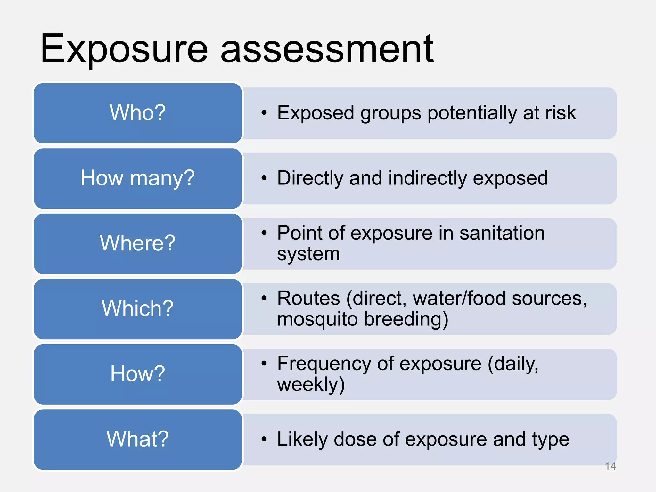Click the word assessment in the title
pyautogui.click(x=327, y=50)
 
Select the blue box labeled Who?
pyautogui.click(x=138, y=113)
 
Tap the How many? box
pyautogui.click(x=138, y=178)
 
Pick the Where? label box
pyautogui.click(x=138, y=243)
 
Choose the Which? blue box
pyautogui.click(x=138, y=308)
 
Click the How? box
pyautogui.click(x=138, y=374)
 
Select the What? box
pyautogui.click(x=138, y=439)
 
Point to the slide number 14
pyautogui.click(x=611, y=466)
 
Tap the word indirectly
pyautogui.click(x=428, y=178)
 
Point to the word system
pyautogui.click(x=308, y=254)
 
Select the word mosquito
pyautogui.click(x=317, y=319)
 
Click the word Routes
pyautogui.click(x=308, y=298)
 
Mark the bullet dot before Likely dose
pyautogui.click(x=264, y=439)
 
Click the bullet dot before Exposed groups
pyautogui.click(x=264, y=113)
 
